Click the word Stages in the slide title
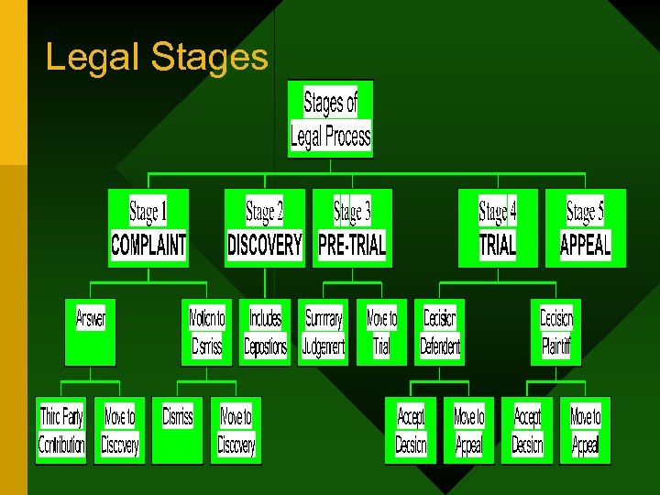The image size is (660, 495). [210, 57]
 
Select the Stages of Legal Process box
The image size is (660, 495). [330, 119]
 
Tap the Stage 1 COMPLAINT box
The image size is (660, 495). [148, 228]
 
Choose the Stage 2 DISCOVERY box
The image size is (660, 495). [264, 228]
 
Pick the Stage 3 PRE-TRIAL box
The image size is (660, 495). [352, 228]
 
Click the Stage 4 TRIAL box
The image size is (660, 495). [498, 228]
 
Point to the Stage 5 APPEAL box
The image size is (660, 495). [586, 228]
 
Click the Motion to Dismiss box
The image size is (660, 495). [206, 332]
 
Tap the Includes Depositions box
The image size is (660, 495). [265, 332]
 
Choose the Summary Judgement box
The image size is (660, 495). [324, 332]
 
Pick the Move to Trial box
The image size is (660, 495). [381, 332]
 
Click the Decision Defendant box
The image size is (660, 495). [440, 332]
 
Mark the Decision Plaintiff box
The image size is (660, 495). [556, 332]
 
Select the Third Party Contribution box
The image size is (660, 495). [61, 430]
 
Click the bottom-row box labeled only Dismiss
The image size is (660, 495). [178, 430]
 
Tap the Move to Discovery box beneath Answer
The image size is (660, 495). [119, 430]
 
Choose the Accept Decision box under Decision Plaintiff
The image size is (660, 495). [527, 430]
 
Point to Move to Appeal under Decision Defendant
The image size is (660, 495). [468, 430]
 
